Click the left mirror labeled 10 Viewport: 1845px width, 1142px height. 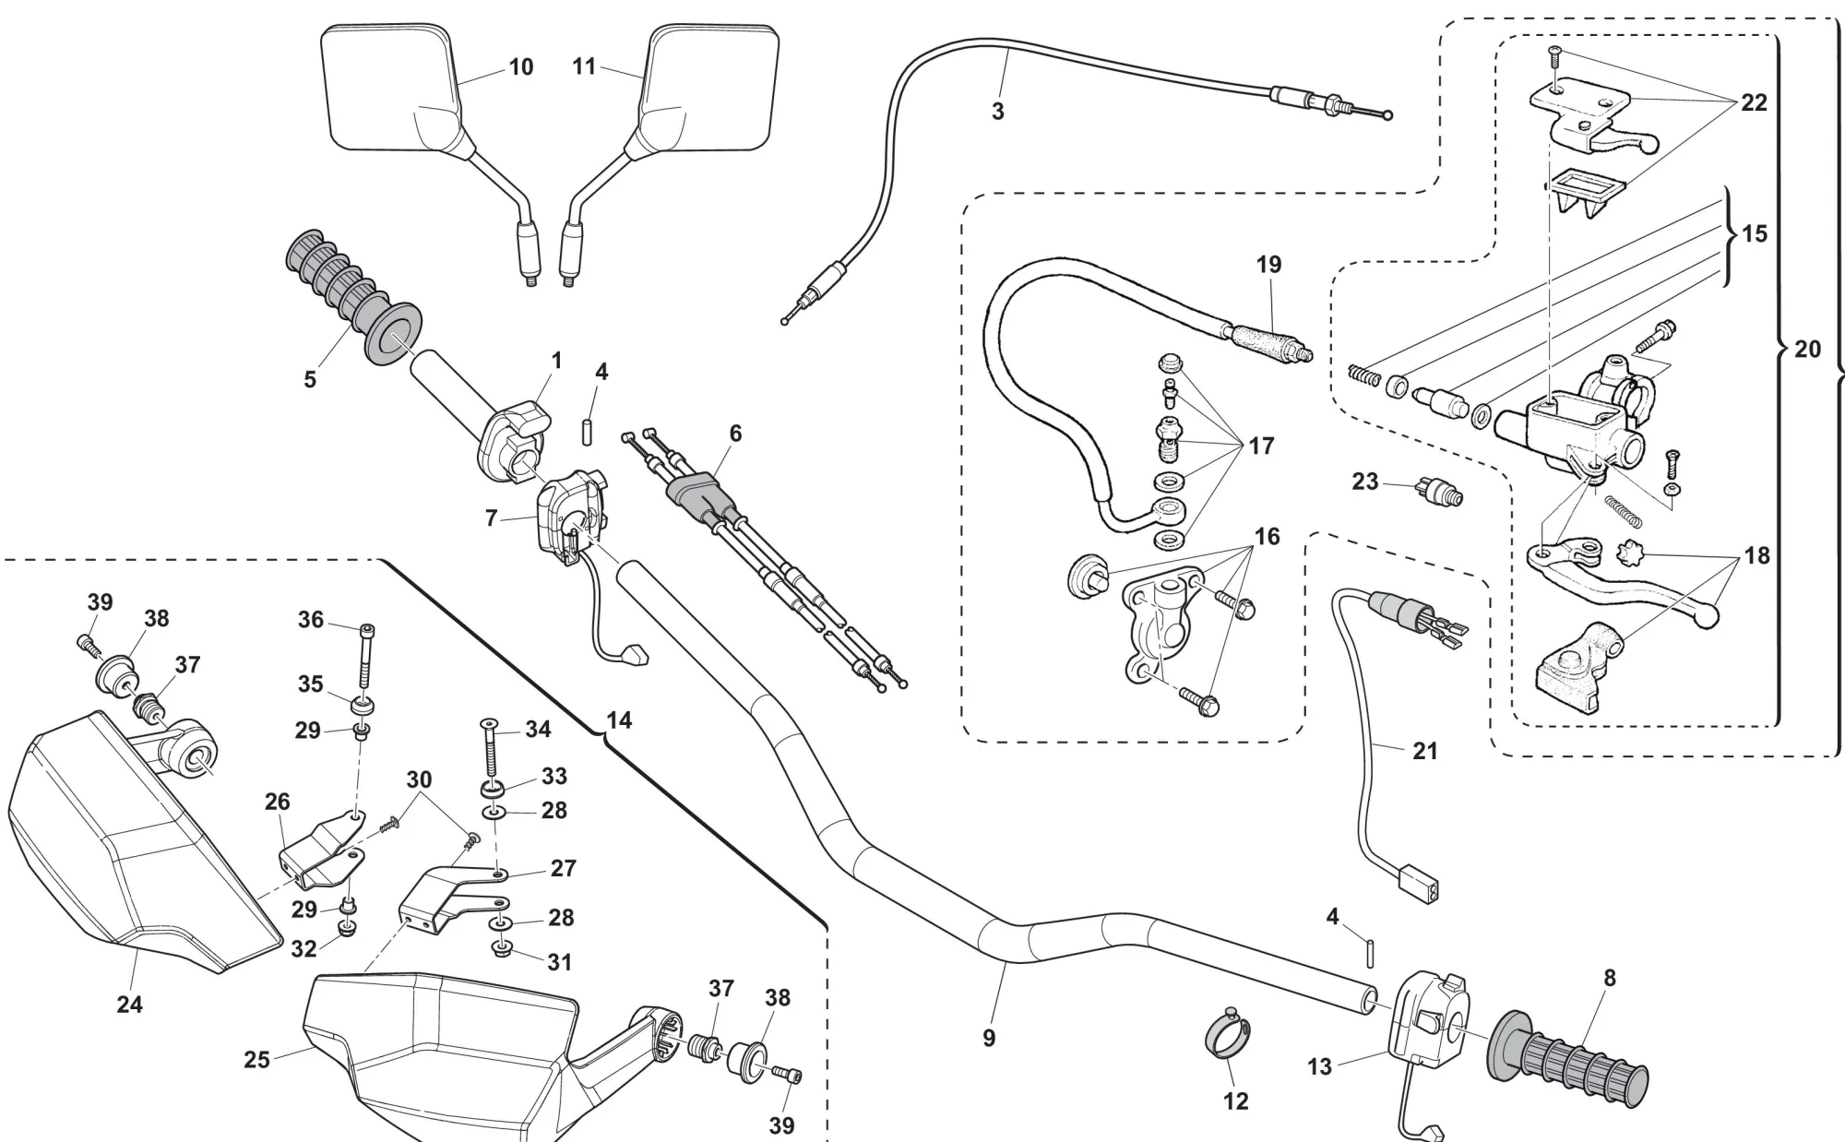pyautogui.click(x=387, y=88)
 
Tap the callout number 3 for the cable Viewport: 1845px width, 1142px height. pyautogui.click(x=997, y=112)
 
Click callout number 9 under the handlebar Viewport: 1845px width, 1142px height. pyautogui.click(x=989, y=1038)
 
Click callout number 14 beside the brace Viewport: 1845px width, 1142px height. pyautogui.click(x=620, y=720)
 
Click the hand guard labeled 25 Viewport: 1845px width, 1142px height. pyautogui.click(x=443, y=1042)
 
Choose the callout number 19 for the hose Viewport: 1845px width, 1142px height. pyautogui.click(x=1269, y=265)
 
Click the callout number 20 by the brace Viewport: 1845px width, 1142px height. pyautogui.click(x=1808, y=350)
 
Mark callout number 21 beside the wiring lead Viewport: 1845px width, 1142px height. pyautogui.click(x=1425, y=751)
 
